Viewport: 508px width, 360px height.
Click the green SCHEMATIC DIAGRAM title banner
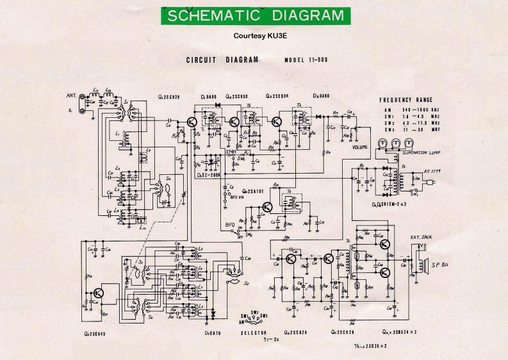[x=254, y=15]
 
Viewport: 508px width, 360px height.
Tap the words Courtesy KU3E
[x=254, y=36]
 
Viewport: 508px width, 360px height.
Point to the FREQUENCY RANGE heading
[x=406, y=100]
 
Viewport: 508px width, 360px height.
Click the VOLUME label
[x=361, y=147]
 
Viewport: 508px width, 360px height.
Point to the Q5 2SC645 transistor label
[x=94, y=333]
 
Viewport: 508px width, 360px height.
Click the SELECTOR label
[x=254, y=333]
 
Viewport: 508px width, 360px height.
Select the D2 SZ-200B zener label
[x=208, y=174]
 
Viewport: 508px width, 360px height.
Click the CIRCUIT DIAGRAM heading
[x=222, y=60]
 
